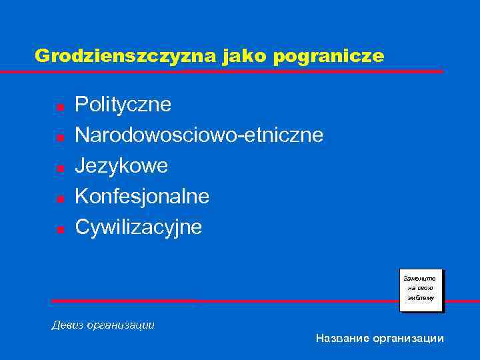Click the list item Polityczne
coord(123,105)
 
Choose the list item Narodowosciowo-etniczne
coord(199,135)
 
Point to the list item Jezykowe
coord(121,166)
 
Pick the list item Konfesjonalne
coord(142,196)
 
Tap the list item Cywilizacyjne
coord(138,227)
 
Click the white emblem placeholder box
coord(421,290)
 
